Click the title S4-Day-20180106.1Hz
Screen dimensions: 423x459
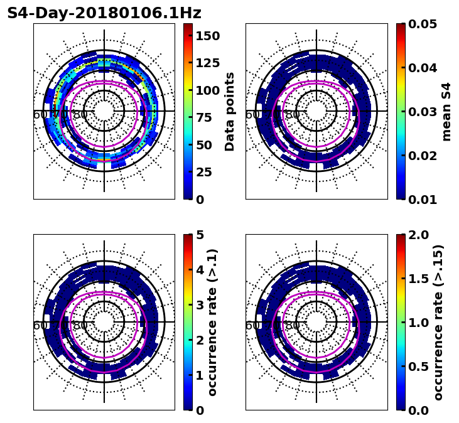pyautogui.click(x=104, y=13)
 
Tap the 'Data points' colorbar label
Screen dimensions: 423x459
pyautogui.click(x=230, y=111)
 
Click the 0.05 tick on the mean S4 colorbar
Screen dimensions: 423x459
pyautogui.click(x=423, y=24)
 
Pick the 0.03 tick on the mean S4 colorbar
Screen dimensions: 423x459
pyautogui.click(x=423, y=112)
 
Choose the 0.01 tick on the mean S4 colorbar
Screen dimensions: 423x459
pyautogui.click(x=423, y=200)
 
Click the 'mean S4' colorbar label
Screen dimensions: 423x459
pyautogui.click(x=446, y=111)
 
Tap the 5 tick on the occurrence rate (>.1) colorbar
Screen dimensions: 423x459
pyautogui.click(x=200, y=235)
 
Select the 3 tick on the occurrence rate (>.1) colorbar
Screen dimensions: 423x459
pyautogui.click(x=200, y=305)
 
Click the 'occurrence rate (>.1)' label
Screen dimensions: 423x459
pyautogui.click(x=212, y=322)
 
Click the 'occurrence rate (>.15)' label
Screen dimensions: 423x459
pyautogui.click(x=438, y=322)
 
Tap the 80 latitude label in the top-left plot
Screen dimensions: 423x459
pyautogui.click(x=80, y=115)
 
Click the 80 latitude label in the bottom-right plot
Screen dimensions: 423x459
pyautogui.click(x=293, y=326)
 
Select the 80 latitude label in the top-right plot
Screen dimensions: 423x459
pyautogui.click(x=293, y=115)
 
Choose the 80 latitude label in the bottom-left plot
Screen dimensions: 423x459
pyautogui.click(x=80, y=326)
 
